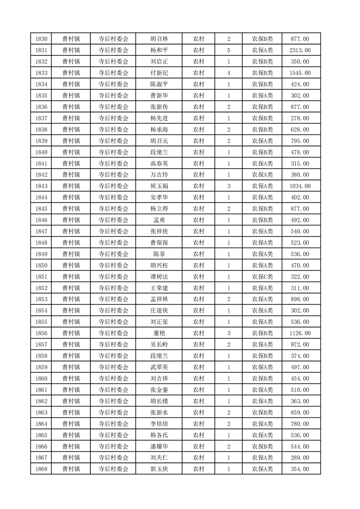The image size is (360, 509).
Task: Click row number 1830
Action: click(40, 39)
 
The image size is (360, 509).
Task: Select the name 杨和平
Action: click(159, 50)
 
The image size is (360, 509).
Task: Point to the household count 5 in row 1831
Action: click(228, 50)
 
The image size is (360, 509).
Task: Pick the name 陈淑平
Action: click(159, 84)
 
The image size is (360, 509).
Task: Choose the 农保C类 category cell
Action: click(262, 277)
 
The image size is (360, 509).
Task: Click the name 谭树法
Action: click(159, 277)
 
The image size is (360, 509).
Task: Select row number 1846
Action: click(40, 220)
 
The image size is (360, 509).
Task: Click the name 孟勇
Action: click(159, 220)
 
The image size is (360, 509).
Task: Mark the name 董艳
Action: click(159, 333)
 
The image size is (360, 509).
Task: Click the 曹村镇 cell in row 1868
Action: click(71, 469)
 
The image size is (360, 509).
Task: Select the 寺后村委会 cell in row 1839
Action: click(113, 141)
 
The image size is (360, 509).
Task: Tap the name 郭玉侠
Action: click(159, 469)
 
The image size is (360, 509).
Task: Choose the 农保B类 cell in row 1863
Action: click(262, 412)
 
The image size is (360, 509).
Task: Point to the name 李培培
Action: click(159, 424)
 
